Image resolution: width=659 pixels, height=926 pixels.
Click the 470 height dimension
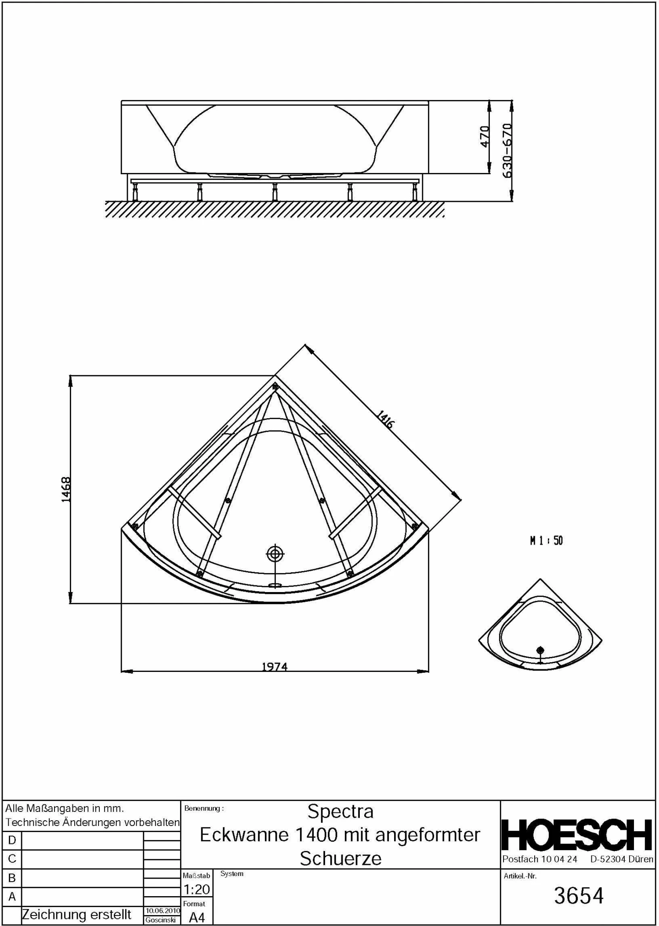pos(485,136)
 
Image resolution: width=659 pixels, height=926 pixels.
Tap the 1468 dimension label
pos(66,489)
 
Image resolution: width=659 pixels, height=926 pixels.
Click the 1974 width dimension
pos(275,667)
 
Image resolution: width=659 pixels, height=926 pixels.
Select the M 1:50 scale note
pos(546,541)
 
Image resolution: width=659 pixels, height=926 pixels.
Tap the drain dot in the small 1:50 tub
pos(540,650)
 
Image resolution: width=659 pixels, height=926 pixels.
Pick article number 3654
pos(579,896)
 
